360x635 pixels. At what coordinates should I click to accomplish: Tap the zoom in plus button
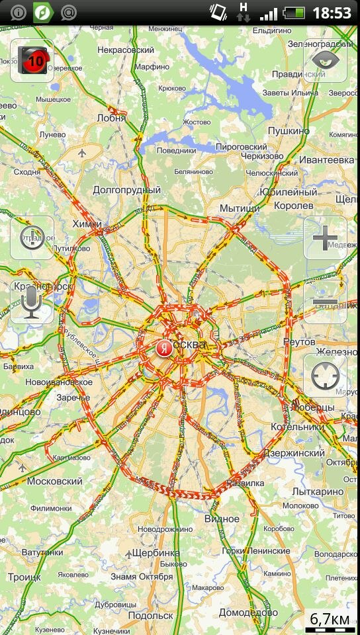325,237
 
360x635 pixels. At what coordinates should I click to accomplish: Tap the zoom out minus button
325,302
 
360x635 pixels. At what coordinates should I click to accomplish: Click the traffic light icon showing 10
32,60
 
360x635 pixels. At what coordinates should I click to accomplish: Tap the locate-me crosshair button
325,376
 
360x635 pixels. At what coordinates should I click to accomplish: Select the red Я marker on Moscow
163,349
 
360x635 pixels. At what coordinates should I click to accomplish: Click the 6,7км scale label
330,619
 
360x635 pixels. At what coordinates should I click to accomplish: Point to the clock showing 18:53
332,13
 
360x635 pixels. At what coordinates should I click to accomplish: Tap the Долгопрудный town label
127,190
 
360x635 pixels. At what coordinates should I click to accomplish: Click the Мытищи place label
240,208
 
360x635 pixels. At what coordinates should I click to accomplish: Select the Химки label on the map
87,224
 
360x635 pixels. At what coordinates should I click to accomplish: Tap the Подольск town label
150,615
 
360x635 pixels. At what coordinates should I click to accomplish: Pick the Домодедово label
248,613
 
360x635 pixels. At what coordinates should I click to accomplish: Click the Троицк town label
24,577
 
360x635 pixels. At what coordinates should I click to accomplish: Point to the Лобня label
111,118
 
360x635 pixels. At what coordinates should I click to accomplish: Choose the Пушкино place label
289,131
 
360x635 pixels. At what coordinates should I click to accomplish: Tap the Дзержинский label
294,453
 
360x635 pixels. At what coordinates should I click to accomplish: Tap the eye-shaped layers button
325,60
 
